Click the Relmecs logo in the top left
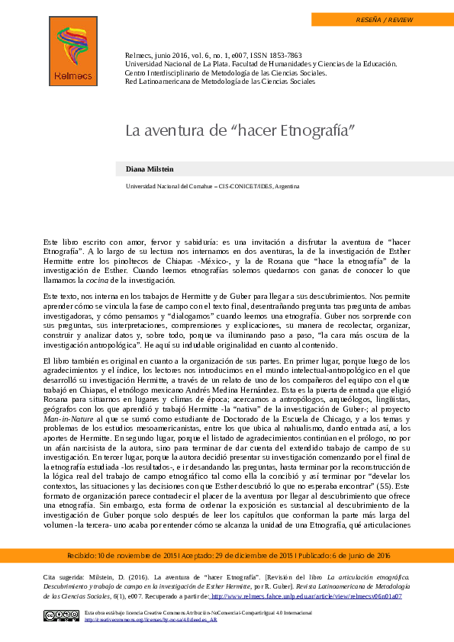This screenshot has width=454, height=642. [72, 50]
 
